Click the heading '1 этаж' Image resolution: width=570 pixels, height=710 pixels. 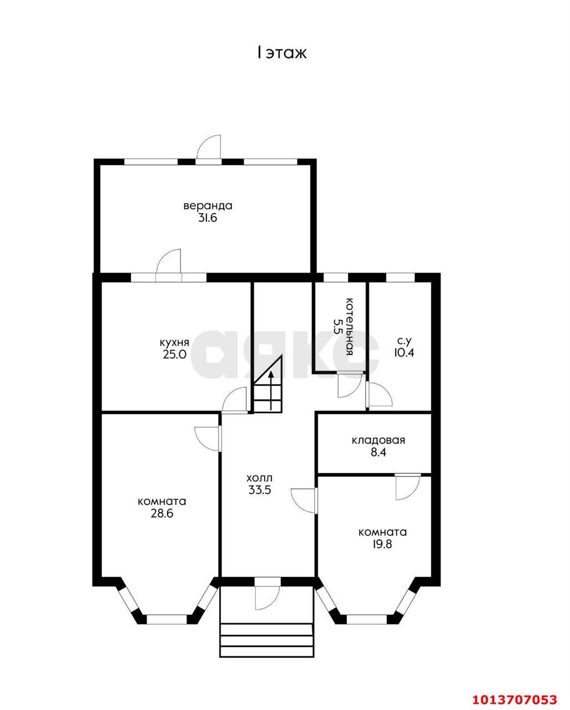tap(282, 53)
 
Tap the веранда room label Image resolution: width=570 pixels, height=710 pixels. tap(208, 206)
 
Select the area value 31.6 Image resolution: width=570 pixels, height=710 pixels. tap(208, 218)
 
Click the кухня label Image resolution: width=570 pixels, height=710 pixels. tap(174, 342)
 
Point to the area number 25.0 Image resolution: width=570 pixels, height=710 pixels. tap(174, 354)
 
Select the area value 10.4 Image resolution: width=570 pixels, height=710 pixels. tap(404, 353)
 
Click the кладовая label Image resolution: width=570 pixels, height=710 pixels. tap(378, 440)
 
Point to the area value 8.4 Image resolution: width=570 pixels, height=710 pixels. tap(378, 452)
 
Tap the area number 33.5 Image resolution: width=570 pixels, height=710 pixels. tap(260, 490)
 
